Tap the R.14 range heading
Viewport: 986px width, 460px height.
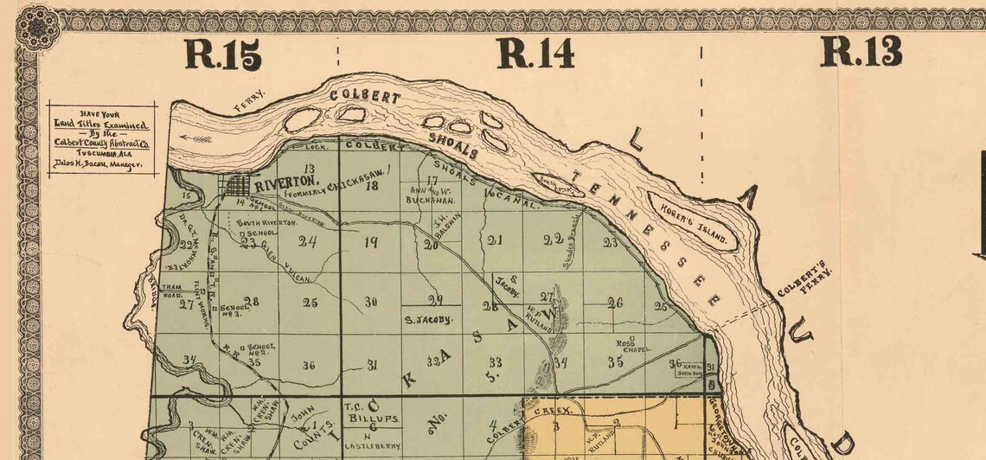535,54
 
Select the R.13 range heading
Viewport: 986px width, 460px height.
861,52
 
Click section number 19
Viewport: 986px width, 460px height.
371,242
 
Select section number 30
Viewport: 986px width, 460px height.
372,302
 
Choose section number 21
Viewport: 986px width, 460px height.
494,240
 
